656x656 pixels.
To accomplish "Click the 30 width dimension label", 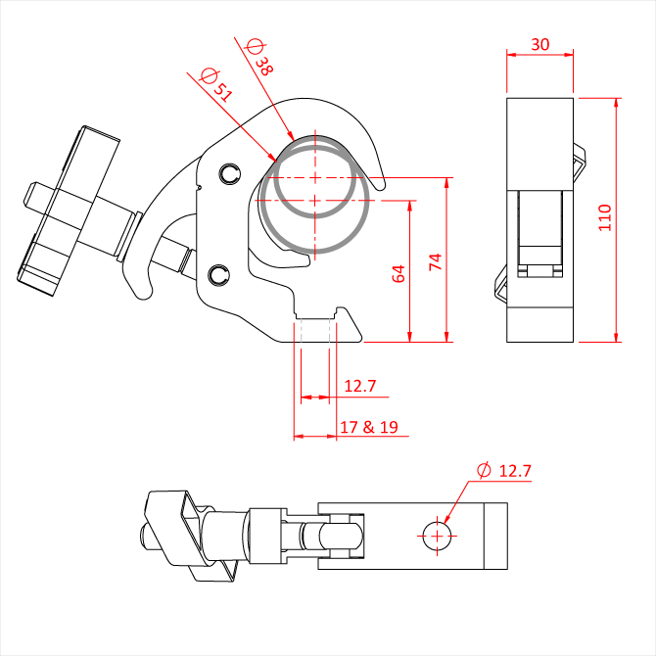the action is tap(540, 44).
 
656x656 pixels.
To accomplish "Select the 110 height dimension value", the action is tap(605, 217).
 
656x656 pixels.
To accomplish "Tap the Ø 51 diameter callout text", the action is tap(215, 84).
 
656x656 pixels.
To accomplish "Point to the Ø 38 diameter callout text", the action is tap(259, 57).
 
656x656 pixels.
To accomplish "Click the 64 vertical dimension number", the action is tap(398, 273).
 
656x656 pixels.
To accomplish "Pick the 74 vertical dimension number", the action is tap(436, 261).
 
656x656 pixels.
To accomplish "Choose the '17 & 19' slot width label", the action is tap(368, 427).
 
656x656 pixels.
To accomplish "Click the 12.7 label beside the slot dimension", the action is tap(359, 386).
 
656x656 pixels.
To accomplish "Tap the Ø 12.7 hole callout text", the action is tap(504, 471).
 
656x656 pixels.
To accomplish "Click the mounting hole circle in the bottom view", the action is tap(438, 536).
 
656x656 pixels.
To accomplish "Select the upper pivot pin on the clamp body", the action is tap(230, 173).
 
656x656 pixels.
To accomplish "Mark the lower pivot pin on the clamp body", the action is tap(218, 275).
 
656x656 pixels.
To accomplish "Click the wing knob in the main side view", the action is tap(69, 211).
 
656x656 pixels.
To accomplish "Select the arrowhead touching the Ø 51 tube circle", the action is tap(272, 157).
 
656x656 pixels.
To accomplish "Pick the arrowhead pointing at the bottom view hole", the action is tap(445, 518).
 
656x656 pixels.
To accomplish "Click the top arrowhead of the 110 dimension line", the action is tap(616, 104).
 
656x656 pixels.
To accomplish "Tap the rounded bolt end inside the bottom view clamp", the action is tap(341, 536).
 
